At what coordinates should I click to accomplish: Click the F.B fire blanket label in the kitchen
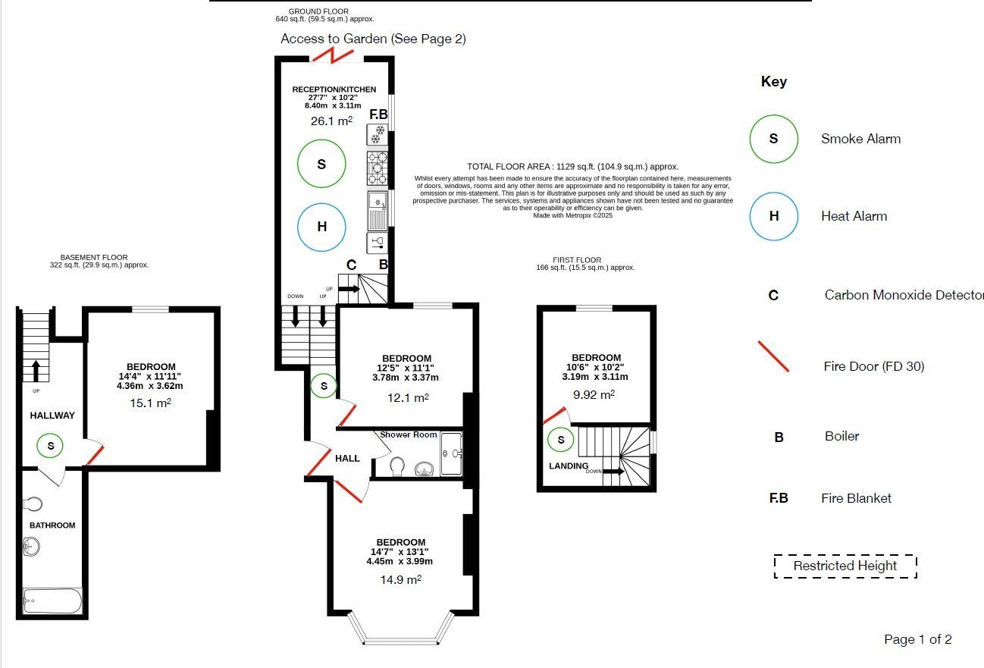378,114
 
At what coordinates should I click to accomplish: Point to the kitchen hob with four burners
378,168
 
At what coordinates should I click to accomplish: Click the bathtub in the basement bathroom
52,601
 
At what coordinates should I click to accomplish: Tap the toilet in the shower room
396,466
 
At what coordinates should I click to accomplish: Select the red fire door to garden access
333,56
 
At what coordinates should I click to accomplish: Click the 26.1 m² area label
331,121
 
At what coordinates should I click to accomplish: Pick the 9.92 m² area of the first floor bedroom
594,394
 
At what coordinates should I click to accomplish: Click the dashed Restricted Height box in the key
845,554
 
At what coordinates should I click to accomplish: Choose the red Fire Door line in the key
773,356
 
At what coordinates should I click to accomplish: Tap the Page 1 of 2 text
918,639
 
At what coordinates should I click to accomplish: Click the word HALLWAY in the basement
52,416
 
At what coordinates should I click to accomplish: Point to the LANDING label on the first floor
569,466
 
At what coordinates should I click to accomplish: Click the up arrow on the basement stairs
36,371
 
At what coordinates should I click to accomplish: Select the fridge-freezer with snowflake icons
378,134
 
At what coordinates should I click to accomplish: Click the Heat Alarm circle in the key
773,193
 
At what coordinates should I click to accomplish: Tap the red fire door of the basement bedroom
96,455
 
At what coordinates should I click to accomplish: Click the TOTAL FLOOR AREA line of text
573,167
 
